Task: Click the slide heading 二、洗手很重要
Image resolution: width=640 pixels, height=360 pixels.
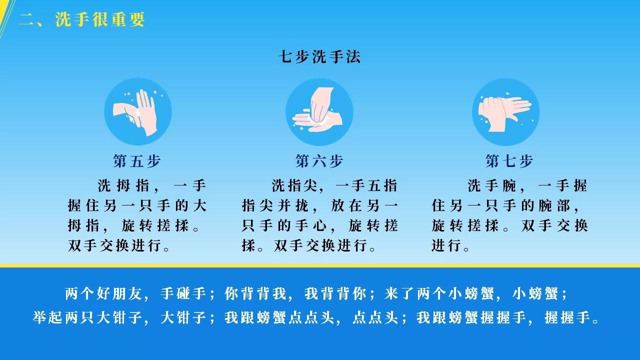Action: click(x=81, y=19)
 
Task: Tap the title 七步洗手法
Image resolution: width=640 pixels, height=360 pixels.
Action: click(x=319, y=56)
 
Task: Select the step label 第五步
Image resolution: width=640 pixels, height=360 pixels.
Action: click(x=137, y=161)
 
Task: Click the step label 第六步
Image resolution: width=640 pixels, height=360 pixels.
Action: click(x=319, y=161)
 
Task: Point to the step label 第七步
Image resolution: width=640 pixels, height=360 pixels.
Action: click(x=509, y=161)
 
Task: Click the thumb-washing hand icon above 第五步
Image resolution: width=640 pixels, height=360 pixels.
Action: click(x=138, y=111)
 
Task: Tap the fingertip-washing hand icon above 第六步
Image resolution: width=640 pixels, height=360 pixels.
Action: click(x=319, y=111)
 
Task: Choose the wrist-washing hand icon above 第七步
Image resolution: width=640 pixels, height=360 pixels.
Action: click(x=505, y=111)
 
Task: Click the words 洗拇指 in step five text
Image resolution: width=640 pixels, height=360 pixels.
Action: click(x=123, y=185)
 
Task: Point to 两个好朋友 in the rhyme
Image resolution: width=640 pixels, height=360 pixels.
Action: click(x=103, y=293)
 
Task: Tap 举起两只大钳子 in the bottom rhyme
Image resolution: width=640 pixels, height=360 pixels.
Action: click(x=87, y=317)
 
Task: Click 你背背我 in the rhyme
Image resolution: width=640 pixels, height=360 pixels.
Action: click(x=255, y=293)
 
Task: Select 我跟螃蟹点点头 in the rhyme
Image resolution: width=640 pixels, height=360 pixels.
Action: click(x=279, y=317)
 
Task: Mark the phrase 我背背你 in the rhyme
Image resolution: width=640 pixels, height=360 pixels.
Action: click(x=335, y=293)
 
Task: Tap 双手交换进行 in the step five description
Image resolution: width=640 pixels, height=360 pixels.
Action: click(x=115, y=245)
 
